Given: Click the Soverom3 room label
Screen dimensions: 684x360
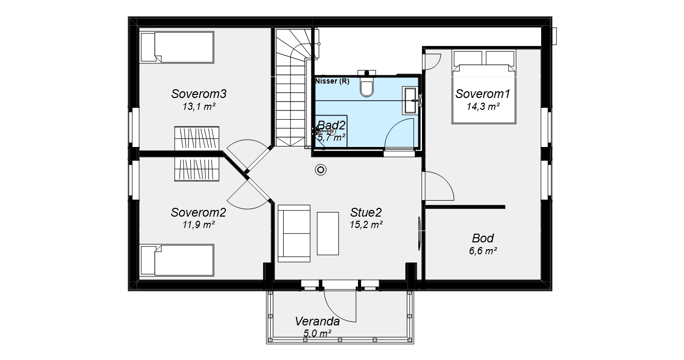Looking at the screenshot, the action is (x=199, y=94).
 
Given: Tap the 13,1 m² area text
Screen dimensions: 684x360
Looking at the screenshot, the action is (x=199, y=107).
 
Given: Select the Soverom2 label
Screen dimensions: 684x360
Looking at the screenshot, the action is (x=199, y=212).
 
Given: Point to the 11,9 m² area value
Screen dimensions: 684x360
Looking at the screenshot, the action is (x=199, y=225).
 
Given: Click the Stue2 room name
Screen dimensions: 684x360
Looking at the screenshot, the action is (x=366, y=212).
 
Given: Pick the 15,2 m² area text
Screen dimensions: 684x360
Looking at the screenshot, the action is (x=366, y=225).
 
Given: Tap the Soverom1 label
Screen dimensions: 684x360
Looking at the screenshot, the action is (x=483, y=94).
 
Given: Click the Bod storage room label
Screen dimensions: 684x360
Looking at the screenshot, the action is (x=483, y=238).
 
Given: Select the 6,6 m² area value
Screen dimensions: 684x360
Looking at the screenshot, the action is (x=483, y=251).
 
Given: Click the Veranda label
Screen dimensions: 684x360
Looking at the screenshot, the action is (x=317, y=321).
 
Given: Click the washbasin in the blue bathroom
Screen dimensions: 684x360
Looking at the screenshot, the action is (x=410, y=101).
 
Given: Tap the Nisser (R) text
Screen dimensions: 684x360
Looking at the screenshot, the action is (x=332, y=81).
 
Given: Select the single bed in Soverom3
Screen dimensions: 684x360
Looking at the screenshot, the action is (x=177, y=47).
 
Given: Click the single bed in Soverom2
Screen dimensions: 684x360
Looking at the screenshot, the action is (x=177, y=260).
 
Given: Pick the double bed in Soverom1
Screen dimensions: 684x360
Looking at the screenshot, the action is (x=484, y=87).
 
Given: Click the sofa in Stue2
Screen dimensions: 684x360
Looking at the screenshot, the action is (x=294, y=234).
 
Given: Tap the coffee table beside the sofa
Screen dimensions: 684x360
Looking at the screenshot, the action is (x=328, y=234).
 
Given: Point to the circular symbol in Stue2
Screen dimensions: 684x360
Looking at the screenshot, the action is (x=321, y=170).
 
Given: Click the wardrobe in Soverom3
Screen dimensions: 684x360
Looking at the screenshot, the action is (x=197, y=138).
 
